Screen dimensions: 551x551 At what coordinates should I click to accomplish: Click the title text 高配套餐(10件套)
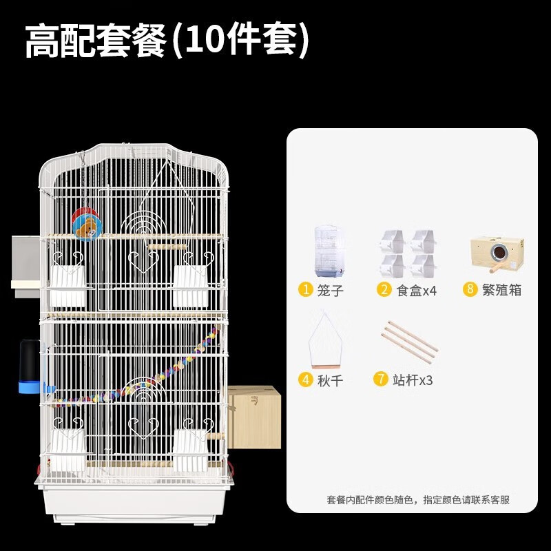[167, 41]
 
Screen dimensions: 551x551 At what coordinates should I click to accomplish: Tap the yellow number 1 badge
[305, 289]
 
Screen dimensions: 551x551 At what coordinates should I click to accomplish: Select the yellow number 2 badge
[384, 289]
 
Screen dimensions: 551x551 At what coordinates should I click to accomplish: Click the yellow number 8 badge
[470, 289]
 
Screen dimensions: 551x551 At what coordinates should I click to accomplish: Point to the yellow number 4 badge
[305, 379]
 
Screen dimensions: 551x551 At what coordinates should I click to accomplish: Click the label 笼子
[331, 290]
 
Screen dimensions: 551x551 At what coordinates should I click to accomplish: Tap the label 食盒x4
[417, 290]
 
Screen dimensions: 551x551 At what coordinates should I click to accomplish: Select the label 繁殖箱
[502, 290]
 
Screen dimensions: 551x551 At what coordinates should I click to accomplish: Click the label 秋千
[331, 380]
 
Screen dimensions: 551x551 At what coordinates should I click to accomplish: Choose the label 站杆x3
[413, 380]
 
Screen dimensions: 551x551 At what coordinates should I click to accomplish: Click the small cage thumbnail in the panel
[329, 252]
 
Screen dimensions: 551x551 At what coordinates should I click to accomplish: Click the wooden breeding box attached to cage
[253, 417]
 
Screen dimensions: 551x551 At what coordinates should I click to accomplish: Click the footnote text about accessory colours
[418, 500]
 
